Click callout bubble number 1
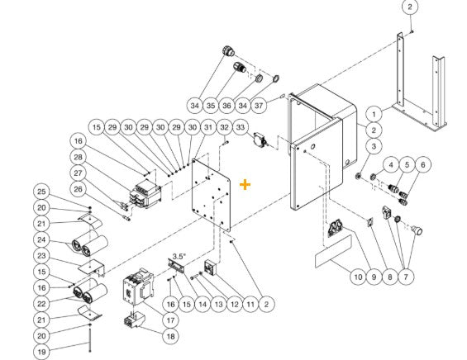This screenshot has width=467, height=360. (x=374, y=114)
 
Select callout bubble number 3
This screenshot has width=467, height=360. (x=374, y=146)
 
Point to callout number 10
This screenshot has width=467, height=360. (x=356, y=277)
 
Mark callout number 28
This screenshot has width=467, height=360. (x=101, y=157)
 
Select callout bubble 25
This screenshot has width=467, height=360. (x=41, y=192)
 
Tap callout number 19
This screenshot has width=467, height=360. (x=41, y=349)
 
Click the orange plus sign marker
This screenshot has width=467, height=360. (x=245, y=184)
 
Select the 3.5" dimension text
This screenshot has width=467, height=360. (x=179, y=256)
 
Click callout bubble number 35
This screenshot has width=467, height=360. (x=212, y=106)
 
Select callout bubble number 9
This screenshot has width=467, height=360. (x=375, y=277)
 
